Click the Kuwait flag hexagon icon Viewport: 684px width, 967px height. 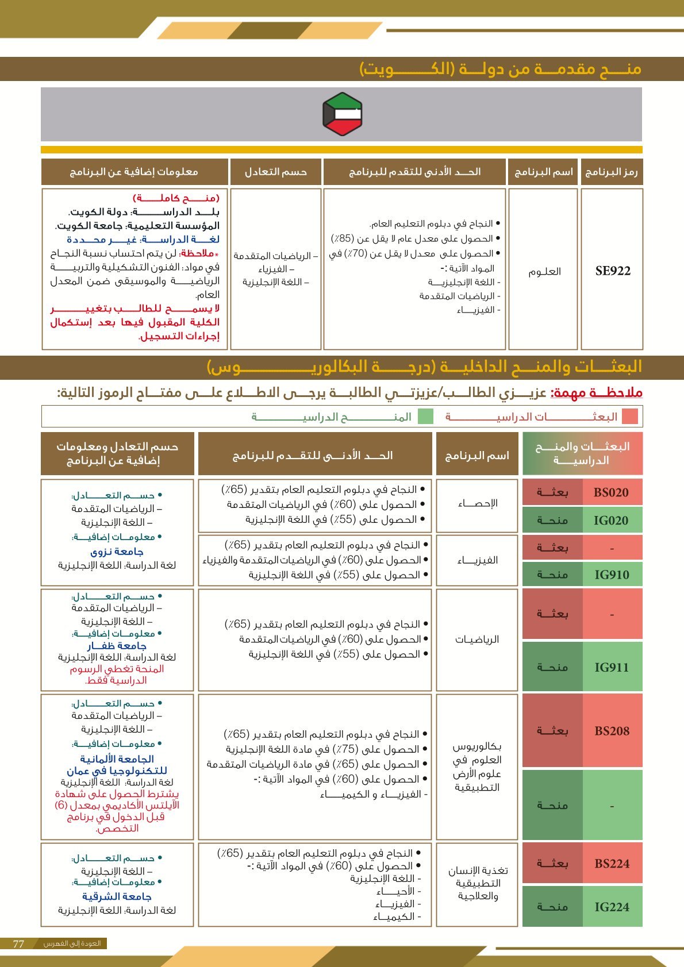[342, 114]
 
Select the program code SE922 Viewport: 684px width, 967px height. [613, 271]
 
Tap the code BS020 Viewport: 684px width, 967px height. [611, 492]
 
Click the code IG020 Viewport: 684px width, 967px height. [611, 521]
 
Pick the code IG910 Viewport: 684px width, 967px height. [611, 575]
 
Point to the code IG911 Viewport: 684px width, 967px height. [611, 668]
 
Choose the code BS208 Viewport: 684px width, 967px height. [612, 731]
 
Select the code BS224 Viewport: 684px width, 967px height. [612, 864]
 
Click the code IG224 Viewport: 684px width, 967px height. [612, 907]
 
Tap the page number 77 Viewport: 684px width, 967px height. [18, 943]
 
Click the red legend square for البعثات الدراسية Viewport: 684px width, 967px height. [630, 417]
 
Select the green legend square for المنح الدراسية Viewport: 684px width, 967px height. [425, 417]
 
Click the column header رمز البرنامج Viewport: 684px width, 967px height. [612, 172]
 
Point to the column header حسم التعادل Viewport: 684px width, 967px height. [276, 172]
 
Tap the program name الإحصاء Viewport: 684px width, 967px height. [478, 504]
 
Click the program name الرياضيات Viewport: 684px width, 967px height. [477, 639]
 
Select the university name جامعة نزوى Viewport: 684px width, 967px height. [117, 552]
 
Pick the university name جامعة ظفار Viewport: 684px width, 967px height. [117, 646]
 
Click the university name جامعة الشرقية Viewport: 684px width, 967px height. [117, 896]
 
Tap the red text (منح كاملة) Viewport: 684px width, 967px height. [176, 198]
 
